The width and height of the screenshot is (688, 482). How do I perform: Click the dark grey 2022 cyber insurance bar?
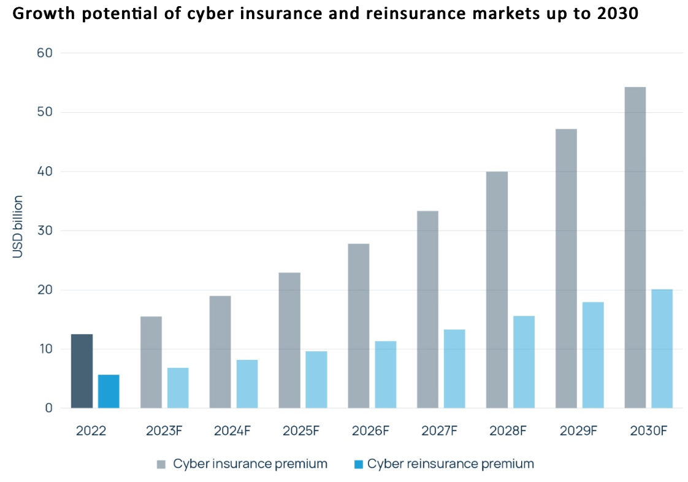point(82,371)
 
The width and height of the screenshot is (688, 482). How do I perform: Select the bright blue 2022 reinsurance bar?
point(109,391)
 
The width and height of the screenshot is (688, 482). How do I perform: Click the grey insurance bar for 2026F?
point(358,326)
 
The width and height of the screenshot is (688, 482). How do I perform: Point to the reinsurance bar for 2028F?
point(524,362)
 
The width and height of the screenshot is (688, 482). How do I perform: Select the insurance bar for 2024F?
point(220,352)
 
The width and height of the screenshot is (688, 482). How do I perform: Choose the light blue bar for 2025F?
point(316,380)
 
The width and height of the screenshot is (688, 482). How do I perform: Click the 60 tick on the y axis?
point(45,53)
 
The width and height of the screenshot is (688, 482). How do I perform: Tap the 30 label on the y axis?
point(45,231)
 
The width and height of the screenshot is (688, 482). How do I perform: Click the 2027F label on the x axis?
point(440,430)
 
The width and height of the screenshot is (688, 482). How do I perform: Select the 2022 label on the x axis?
point(91,430)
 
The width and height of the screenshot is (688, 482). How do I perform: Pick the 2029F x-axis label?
point(578,430)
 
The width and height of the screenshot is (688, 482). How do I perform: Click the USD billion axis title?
point(18,227)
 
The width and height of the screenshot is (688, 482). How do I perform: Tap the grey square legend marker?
point(161,464)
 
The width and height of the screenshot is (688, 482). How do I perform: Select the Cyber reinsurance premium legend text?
point(450,464)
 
